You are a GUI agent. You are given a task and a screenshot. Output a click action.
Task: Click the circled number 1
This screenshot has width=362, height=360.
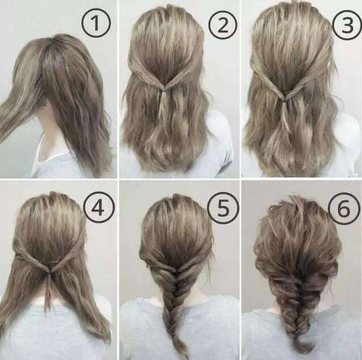click(x=96, y=23)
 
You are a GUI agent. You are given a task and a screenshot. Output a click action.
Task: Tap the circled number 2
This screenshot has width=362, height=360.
click(x=222, y=25)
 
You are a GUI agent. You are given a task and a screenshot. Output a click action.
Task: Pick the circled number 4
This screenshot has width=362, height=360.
click(x=99, y=207)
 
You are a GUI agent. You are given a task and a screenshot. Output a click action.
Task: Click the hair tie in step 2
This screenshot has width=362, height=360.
click(x=165, y=90)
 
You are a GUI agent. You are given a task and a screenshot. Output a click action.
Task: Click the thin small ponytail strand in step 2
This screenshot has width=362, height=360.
click(x=163, y=102)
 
